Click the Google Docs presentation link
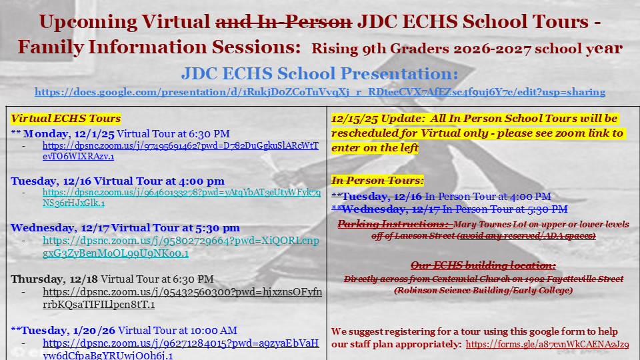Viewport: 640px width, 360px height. point(320,92)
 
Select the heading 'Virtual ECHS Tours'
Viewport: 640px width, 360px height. point(66,119)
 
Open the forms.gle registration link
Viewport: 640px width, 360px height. point(547,344)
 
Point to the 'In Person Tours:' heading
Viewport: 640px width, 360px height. point(377,180)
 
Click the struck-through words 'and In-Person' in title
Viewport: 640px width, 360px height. point(283,22)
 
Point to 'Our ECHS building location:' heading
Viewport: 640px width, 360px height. point(483,265)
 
